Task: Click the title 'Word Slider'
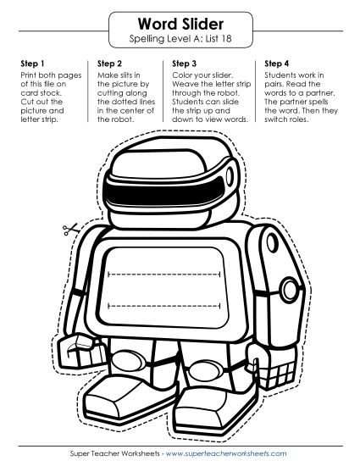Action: click(x=180, y=24)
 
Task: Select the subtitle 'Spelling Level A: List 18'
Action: click(x=180, y=39)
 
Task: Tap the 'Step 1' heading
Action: click(x=32, y=64)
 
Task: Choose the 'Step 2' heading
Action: click(x=109, y=64)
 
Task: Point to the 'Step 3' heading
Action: click(x=184, y=64)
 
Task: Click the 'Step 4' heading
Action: click(x=276, y=64)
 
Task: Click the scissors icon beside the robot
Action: click(x=70, y=229)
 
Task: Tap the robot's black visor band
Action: click(x=165, y=193)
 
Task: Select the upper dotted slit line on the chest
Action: click(x=164, y=274)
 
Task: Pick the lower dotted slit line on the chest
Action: click(x=164, y=306)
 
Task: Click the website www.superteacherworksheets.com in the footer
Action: click(x=226, y=453)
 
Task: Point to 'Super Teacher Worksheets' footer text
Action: click(x=114, y=453)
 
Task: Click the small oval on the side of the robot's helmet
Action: click(x=230, y=176)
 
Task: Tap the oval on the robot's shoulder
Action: click(x=272, y=243)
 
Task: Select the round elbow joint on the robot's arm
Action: click(x=290, y=290)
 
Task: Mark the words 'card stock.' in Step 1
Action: click(x=41, y=93)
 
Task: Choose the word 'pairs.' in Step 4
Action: click(x=274, y=85)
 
